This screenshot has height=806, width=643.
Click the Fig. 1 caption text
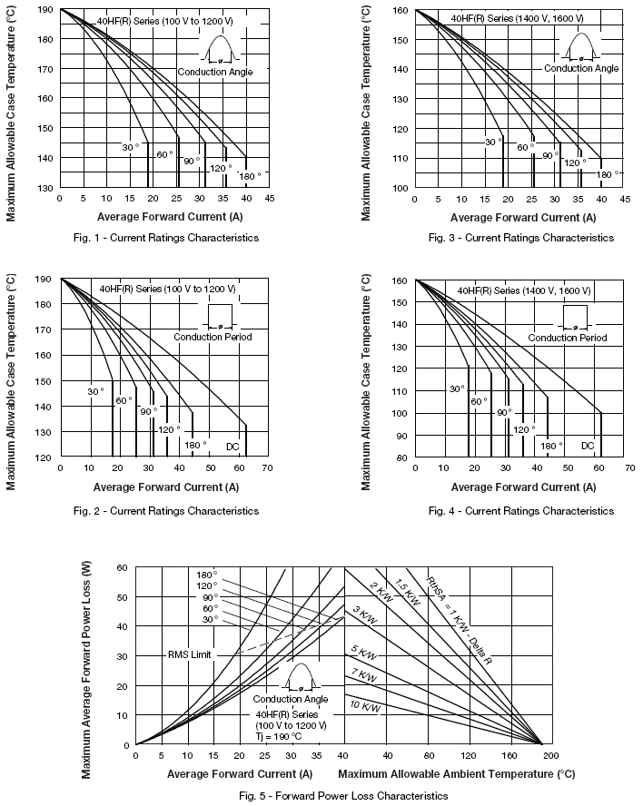point(166,238)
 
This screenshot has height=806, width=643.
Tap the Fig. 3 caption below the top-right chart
point(521,238)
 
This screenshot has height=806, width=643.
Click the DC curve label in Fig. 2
point(232,446)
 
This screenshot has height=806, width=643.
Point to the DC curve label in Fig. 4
point(588,446)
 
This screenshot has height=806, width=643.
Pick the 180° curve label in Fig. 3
point(606,174)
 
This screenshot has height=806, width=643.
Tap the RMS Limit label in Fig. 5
point(189,654)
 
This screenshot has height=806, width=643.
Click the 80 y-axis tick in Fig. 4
point(401,457)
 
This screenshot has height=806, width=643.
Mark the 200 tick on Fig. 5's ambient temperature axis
point(550,755)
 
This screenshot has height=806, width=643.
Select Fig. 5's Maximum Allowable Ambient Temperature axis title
point(457,774)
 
